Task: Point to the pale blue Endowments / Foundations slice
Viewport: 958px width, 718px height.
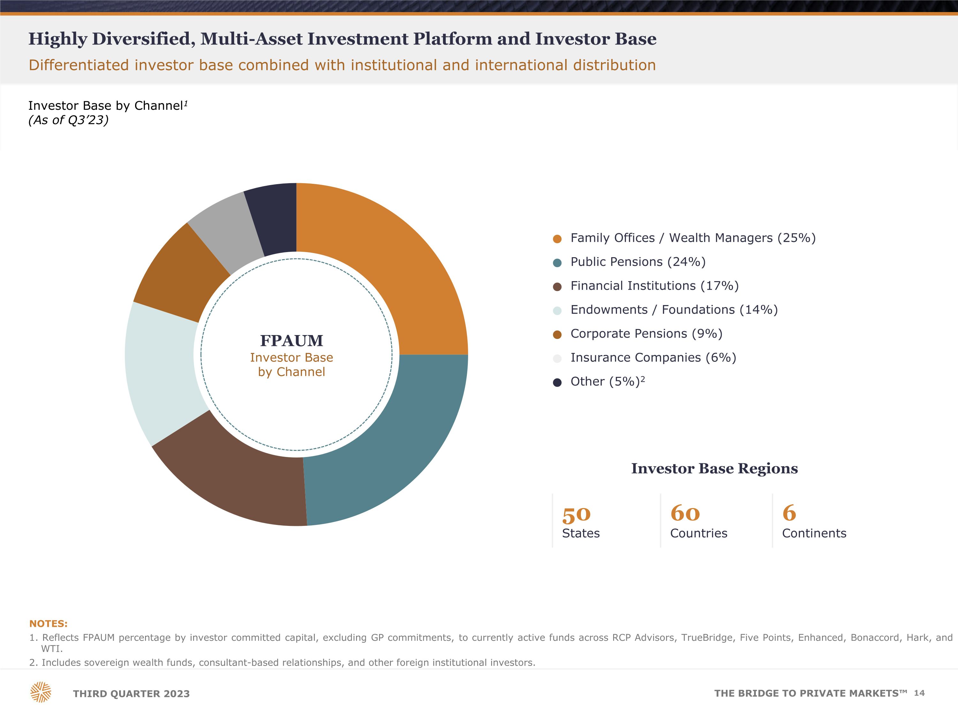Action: [x=163, y=372]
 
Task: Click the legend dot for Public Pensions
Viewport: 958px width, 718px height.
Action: [x=557, y=263]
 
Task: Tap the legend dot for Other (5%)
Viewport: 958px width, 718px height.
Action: [x=557, y=383]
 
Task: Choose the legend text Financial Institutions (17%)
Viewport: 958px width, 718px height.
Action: [x=654, y=286]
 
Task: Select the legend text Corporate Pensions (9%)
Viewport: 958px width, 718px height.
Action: [x=646, y=334]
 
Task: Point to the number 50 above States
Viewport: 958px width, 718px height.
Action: [x=576, y=515]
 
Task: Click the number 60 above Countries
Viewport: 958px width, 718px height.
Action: [x=685, y=513]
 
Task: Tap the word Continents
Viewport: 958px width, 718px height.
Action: [x=814, y=533]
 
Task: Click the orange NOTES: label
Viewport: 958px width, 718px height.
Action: [x=49, y=624]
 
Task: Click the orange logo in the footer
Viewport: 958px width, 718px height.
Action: [x=41, y=692]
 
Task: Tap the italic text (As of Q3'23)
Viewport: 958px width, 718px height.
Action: [x=68, y=120]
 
